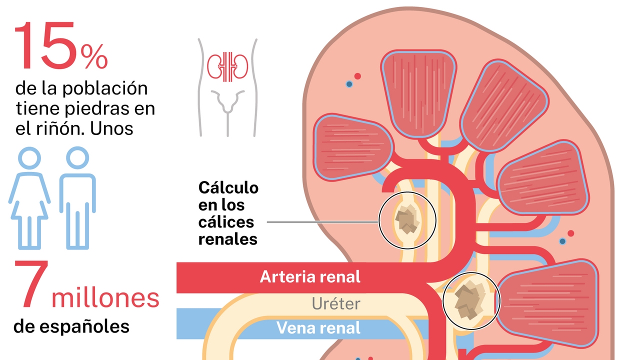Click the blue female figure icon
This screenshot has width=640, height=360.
[29, 197]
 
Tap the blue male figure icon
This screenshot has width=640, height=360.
[77, 197]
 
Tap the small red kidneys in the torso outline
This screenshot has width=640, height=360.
[228, 65]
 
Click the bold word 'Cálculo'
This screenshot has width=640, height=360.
[228, 188]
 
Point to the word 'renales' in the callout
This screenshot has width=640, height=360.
[228, 239]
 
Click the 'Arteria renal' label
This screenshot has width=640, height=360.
[310, 276]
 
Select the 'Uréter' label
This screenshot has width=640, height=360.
[336, 303]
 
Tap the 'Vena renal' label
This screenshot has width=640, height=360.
[318, 328]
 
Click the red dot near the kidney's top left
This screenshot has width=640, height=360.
[357, 76]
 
